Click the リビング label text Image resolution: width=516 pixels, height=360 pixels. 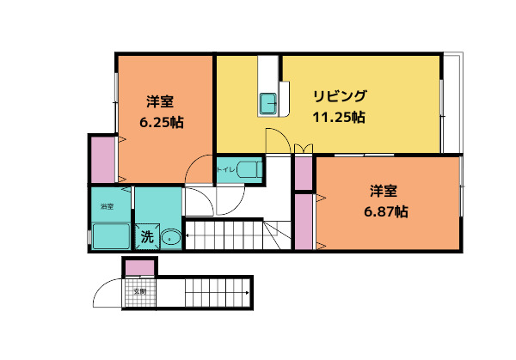(x=340, y=96)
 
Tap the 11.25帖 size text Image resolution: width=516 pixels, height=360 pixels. (x=339, y=117)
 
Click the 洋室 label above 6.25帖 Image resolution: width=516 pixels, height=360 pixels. (x=161, y=101)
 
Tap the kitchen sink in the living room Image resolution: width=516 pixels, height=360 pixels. (x=267, y=103)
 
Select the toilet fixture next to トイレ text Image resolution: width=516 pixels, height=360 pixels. (x=249, y=169)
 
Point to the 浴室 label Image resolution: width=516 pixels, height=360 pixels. (x=107, y=207)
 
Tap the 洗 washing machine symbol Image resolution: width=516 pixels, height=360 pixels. (x=146, y=237)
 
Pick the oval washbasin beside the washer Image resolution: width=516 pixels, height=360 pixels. (x=170, y=238)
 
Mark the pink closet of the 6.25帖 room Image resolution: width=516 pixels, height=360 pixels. (x=103, y=159)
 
